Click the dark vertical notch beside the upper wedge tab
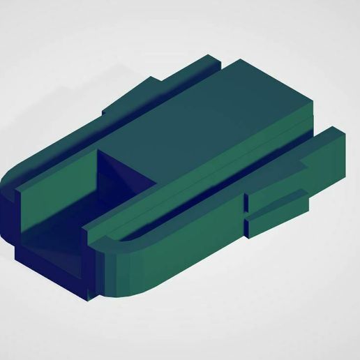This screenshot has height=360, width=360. (247, 202)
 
